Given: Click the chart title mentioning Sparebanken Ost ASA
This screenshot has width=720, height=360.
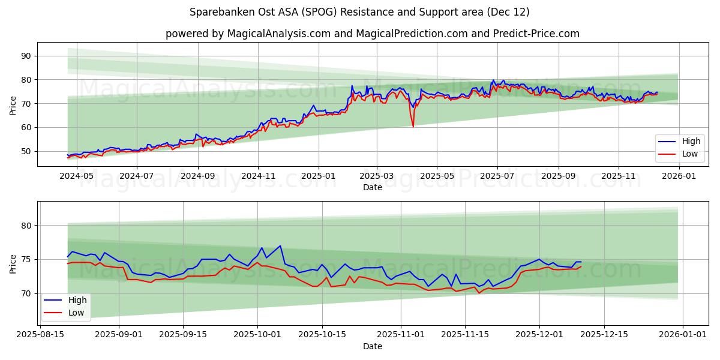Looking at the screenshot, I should coord(359,12).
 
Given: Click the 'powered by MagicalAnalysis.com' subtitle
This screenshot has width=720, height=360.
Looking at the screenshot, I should coord(372,34).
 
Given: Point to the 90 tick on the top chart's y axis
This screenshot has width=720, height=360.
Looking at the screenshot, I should coord(26,56).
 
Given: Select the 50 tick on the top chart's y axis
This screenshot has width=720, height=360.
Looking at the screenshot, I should coord(26,151).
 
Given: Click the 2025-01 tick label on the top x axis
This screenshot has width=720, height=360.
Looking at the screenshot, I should coord(318,176).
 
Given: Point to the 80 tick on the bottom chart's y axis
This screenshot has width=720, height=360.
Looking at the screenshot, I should coord(26,226).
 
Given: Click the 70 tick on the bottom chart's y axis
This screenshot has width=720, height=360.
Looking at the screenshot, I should coord(26,293).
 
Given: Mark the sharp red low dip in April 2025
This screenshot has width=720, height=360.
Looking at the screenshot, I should coord(413,126).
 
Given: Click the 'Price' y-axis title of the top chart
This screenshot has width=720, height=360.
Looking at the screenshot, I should coord(13,105).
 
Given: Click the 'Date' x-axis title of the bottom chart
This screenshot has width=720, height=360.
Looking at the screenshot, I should coord(372,347).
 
